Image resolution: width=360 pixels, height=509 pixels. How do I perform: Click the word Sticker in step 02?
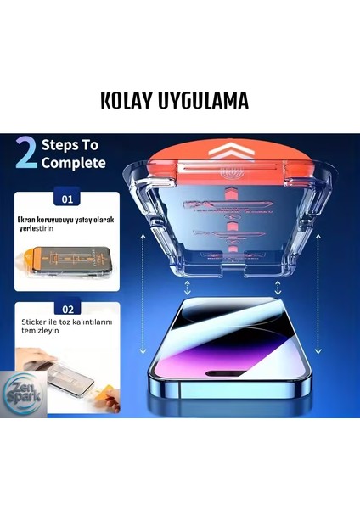(x=36, y=323)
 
